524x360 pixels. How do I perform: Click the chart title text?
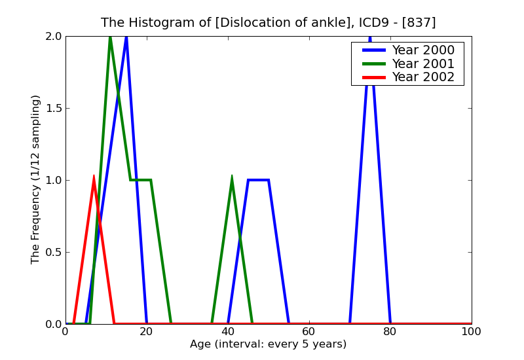(x=268, y=23)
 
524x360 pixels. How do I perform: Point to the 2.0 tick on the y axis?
(x=54, y=37)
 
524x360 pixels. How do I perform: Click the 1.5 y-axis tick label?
(x=54, y=109)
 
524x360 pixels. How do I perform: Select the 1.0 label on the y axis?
(x=54, y=181)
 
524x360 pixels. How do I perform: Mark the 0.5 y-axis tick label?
(x=54, y=253)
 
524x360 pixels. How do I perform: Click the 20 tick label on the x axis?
(x=147, y=332)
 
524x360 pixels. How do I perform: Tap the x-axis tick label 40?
(x=228, y=332)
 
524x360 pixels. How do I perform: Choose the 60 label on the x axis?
(x=309, y=332)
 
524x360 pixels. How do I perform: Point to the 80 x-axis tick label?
(x=390, y=332)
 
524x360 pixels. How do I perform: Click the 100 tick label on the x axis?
(x=471, y=332)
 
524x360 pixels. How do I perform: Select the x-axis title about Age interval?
(x=268, y=344)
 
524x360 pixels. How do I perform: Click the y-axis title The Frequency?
(x=36, y=179)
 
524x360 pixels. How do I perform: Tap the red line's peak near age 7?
(x=94, y=177)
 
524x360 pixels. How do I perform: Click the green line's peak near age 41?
(x=232, y=177)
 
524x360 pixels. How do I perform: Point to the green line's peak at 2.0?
(x=110, y=37)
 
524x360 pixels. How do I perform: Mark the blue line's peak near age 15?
(x=126, y=37)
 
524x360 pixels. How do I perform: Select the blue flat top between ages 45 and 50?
(x=258, y=180)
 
